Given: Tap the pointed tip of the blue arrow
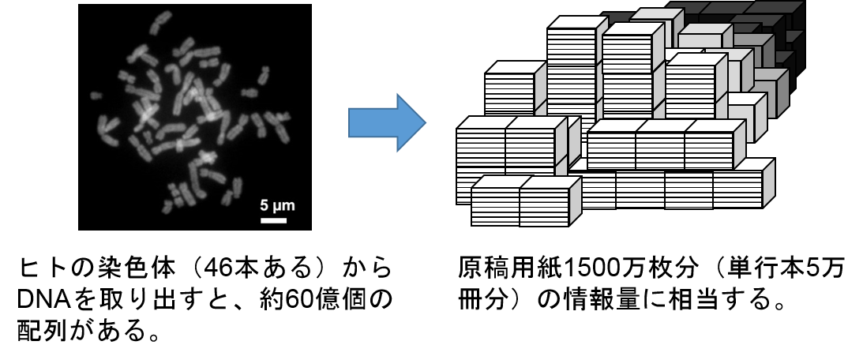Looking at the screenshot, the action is tap(424, 122).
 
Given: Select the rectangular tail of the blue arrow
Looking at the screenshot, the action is tap(371, 122).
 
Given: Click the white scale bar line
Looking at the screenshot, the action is tap(273, 220).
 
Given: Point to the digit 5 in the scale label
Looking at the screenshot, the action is tap(265, 206).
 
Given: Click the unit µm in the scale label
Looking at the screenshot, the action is tap(283, 206).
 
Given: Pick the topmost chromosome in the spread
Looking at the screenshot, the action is tap(161, 17).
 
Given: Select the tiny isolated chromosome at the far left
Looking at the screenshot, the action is tap(96, 96).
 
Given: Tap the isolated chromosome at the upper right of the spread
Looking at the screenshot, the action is tap(264, 75).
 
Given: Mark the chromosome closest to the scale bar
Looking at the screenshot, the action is tap(235, 186).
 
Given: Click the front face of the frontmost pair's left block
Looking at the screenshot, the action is tap(495, 206).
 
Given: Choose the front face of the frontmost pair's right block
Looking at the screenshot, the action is tap(544, 206).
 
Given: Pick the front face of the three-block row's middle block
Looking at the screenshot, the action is tap(659, 150).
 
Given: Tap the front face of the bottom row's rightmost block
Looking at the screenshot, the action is tap(737, 189).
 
